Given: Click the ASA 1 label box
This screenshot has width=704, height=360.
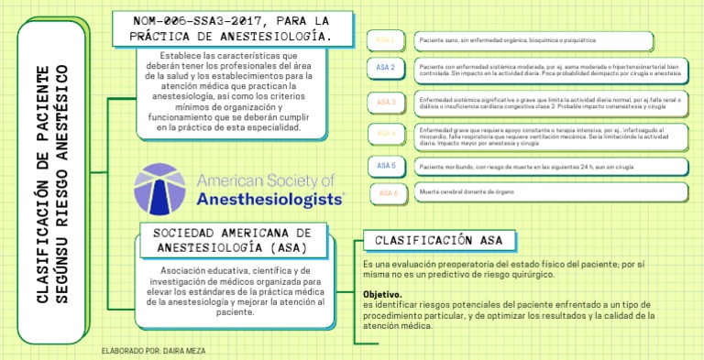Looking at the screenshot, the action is click(386, 41).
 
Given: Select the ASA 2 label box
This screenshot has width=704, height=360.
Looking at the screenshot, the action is click(386, 68).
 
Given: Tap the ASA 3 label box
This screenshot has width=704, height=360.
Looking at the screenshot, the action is click(386, 102).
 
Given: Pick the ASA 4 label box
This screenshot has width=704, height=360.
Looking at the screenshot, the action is click(386, 134).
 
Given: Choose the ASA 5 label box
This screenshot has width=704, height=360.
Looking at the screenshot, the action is click(386, 166).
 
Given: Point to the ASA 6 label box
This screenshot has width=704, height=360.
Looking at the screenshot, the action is click(389, 193).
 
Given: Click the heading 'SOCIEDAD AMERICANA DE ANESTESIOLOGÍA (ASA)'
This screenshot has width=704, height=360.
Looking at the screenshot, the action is click(233, 240).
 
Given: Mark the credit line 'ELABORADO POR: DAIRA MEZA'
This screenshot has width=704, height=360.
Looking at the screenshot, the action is click(155, 351).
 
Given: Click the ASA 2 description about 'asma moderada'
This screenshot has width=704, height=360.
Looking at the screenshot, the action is click(550, 71).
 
